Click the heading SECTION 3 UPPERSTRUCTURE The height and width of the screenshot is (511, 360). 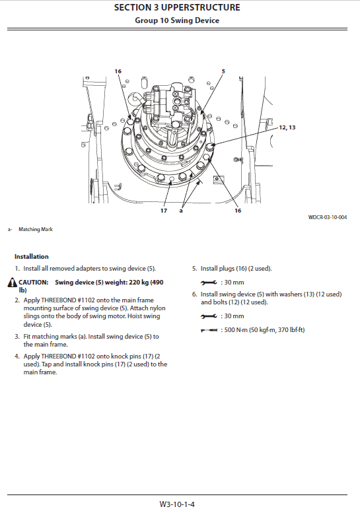177,8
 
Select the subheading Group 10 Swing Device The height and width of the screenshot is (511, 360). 177,20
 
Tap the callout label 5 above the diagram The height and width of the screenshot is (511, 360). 223,71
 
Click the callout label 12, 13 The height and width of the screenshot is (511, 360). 287,127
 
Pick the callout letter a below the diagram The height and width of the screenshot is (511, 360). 180,211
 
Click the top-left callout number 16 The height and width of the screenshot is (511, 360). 118,71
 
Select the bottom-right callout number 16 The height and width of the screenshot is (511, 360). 237,211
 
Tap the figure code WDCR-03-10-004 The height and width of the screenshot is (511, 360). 327,217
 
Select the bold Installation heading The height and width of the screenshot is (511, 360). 31,256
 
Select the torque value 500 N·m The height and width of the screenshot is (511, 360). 231,329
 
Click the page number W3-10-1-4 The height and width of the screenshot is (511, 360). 180,504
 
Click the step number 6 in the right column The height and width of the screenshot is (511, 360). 194,294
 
